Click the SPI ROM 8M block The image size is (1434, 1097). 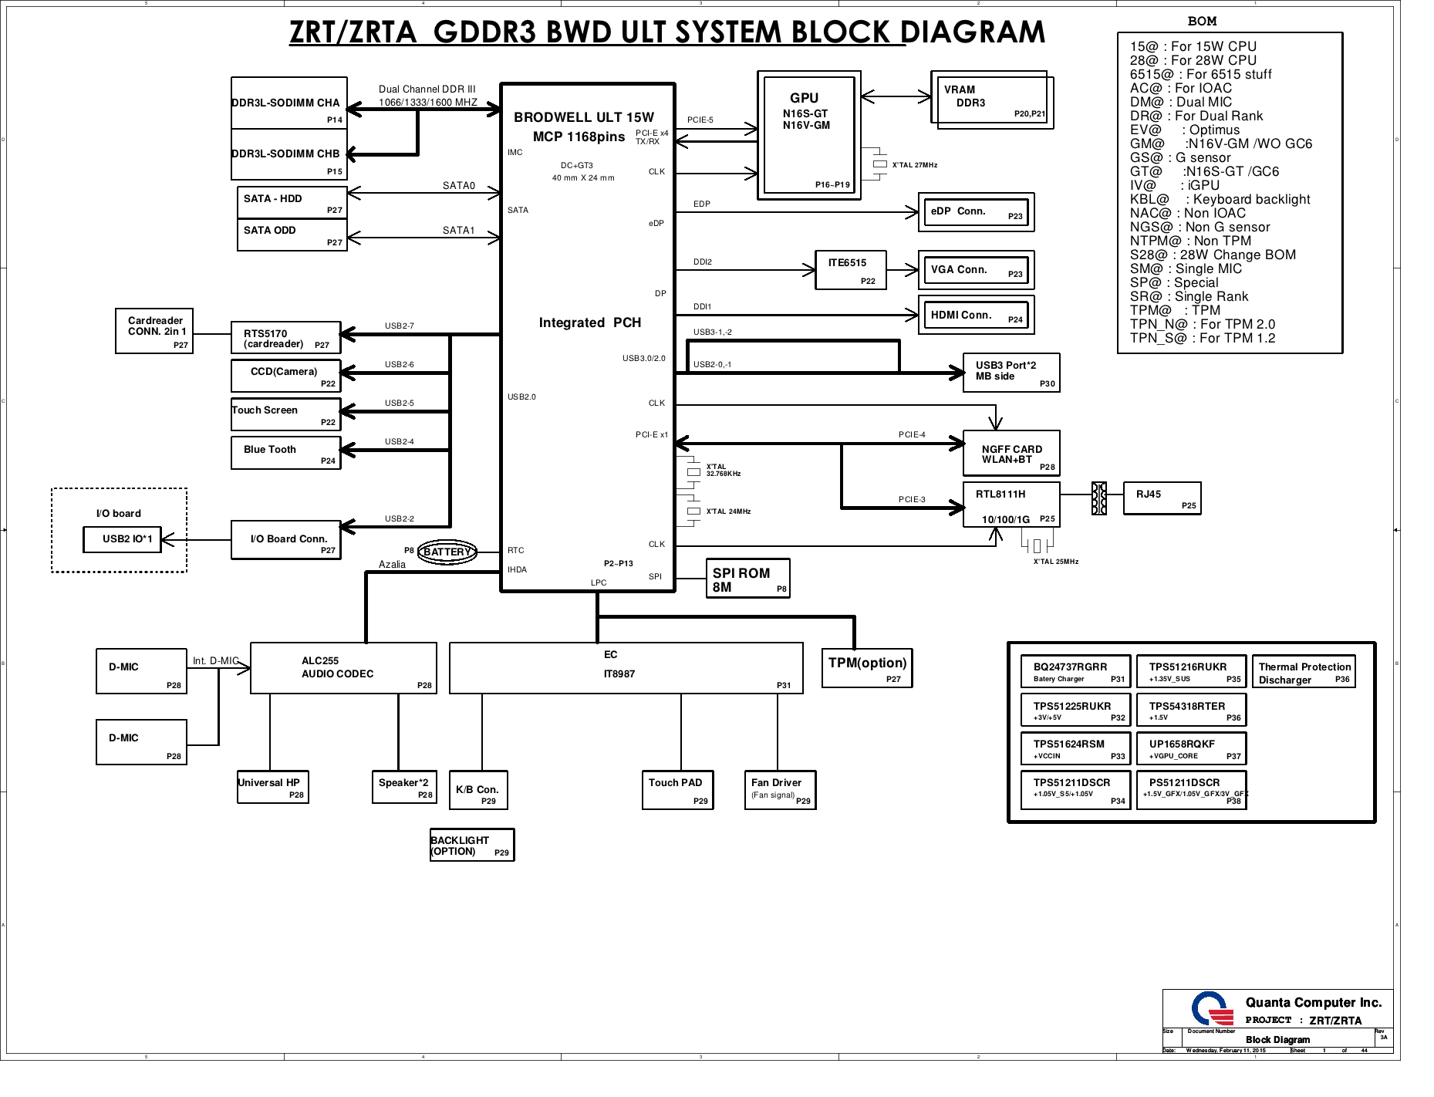[747, 579]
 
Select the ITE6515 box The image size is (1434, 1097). [851, 270]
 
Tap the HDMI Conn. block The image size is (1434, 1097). [976, 315]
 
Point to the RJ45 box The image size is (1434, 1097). [1162, 498]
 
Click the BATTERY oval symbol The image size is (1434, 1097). [447, 552]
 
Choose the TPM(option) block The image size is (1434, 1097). [867, 668]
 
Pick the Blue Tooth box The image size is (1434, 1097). [285, 453]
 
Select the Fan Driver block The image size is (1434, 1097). [780, 790]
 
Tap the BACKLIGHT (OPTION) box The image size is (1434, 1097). [471, 845]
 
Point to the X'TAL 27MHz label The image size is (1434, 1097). [914, 165]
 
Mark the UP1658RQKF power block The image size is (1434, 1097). [1191, 748]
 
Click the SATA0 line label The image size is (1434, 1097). [458, 186]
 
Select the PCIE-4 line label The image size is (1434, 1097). [912, 435]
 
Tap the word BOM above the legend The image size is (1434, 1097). [1202, 22]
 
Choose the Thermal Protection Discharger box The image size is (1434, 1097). [1304, 672]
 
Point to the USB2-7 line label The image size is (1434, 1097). [399, 326]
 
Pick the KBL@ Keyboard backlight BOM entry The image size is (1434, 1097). [1220, 200]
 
